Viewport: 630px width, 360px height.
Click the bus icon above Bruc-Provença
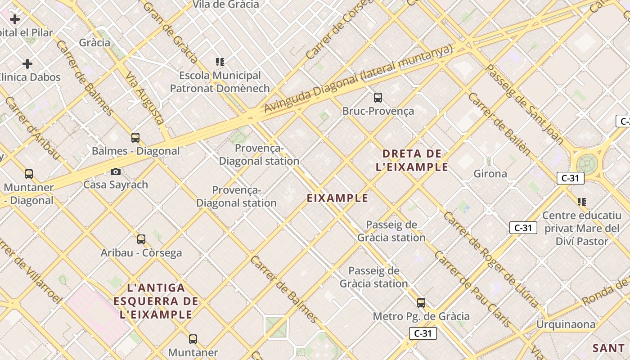point(378,97)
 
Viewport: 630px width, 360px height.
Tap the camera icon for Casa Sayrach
point(116,171)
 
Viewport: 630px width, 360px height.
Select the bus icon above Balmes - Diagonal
point(135,137)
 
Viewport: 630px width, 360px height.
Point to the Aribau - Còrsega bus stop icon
point(141,239)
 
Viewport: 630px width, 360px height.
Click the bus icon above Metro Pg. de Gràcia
point(421,303)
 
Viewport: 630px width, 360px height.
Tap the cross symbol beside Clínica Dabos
point(27,64)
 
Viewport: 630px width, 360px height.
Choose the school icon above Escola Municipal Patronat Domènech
point(220,62)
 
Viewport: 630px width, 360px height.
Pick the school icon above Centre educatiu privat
point(582,202)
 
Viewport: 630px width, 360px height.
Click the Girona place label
point(490,174)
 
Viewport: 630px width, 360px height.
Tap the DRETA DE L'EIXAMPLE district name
point(412,161)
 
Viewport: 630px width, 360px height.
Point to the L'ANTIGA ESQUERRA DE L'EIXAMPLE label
point(156,301)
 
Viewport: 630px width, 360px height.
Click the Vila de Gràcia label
point(226,4)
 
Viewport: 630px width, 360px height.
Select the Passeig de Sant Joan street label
point(525,105)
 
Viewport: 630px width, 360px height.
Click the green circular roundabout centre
point(587,163)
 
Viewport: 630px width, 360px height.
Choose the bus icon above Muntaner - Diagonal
point(29,174)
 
